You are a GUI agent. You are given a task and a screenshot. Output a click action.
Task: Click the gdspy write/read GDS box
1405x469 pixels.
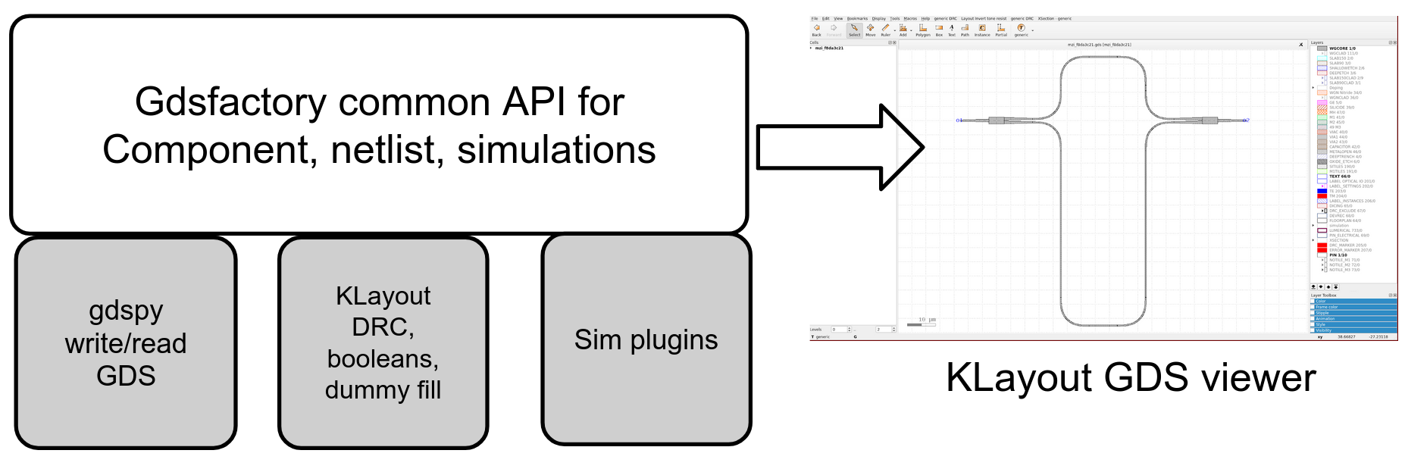pos(126,342)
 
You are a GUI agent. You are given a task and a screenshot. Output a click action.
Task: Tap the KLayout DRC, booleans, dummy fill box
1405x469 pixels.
pos(383,342)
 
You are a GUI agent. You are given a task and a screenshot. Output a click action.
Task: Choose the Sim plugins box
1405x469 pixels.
pos(646,339)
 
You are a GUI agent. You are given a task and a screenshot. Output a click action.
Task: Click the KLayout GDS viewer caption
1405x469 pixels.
pos(1130,377)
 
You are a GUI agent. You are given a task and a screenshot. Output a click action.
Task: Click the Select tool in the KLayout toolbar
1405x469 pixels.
pos(854,30)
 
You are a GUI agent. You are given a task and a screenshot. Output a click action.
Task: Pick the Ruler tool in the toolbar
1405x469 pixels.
pos(885,30)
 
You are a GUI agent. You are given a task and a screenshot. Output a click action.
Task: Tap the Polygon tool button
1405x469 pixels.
pos(922,30)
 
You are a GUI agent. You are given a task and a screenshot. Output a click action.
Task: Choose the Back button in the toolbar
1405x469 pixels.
pos(817,30)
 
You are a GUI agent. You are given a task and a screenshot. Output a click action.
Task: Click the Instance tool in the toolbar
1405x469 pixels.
pos(982,30)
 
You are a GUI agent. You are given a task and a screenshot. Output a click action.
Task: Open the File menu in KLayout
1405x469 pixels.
pos(815,19)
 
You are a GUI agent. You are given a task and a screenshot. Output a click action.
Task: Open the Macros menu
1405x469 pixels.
pos(910,19)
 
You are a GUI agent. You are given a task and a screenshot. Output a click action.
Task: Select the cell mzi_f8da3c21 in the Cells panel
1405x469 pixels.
pos(829,48)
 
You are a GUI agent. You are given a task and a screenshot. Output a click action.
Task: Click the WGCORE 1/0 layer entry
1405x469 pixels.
pos(1342,48)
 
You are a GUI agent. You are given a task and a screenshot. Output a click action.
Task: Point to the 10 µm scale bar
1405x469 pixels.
pos(922,324)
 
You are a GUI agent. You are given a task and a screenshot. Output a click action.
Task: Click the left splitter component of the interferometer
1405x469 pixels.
pos(997,120)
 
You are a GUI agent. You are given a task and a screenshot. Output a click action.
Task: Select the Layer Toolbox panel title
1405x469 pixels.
pos(1325,295)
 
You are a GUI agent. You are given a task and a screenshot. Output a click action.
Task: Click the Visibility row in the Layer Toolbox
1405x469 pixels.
pos(1324,330)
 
